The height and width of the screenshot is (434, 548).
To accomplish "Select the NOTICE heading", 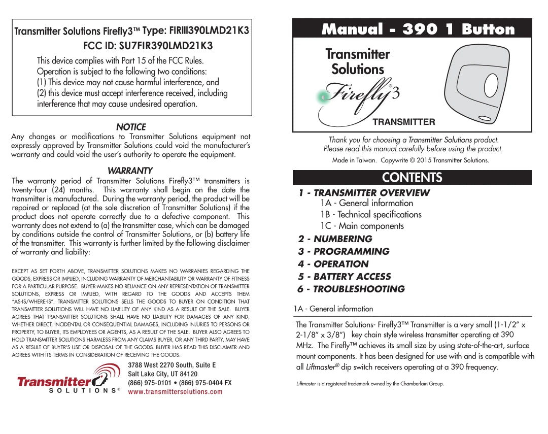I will pyautogui.click(x=131, y=127).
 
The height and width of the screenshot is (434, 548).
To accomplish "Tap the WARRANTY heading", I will pyautogui.click(x=130, y=171).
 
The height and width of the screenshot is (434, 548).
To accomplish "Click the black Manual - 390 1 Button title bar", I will pyautogui.click(x=412, y=29).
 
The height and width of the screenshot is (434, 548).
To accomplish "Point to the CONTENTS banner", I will pyautogui.click(x=412, y=177).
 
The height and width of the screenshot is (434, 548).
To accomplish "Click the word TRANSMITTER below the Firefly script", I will pyautogui.click(x=404, y=122).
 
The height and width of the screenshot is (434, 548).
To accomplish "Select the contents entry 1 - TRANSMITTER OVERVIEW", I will pyautogui.click(x=364, y=193).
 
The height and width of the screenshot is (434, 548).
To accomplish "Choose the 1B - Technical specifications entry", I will pyautogui.click(x=370, y=215).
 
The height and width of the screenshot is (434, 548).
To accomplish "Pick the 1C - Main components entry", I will pyautogui.click(x=362, y=226).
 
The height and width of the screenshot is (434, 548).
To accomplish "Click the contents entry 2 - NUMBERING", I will pyautogui.click(x=335, y=239).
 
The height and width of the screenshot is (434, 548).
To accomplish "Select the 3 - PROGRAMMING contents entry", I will pyautogui.click(x=344, y=252).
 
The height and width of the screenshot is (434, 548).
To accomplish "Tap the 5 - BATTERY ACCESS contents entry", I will pyautogui.click(x=345, y=277).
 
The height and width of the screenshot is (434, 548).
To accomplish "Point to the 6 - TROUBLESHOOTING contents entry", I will pyautogui.click(x=351, y=289).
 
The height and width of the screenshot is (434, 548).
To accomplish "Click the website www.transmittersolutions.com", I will pyautogui.click(x=175, y=392).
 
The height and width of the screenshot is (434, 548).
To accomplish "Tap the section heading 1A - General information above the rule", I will pyautogui.click(x=334, y=309).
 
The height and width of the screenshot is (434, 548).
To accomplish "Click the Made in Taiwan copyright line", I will pyautogui.click(x=410, y=160).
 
